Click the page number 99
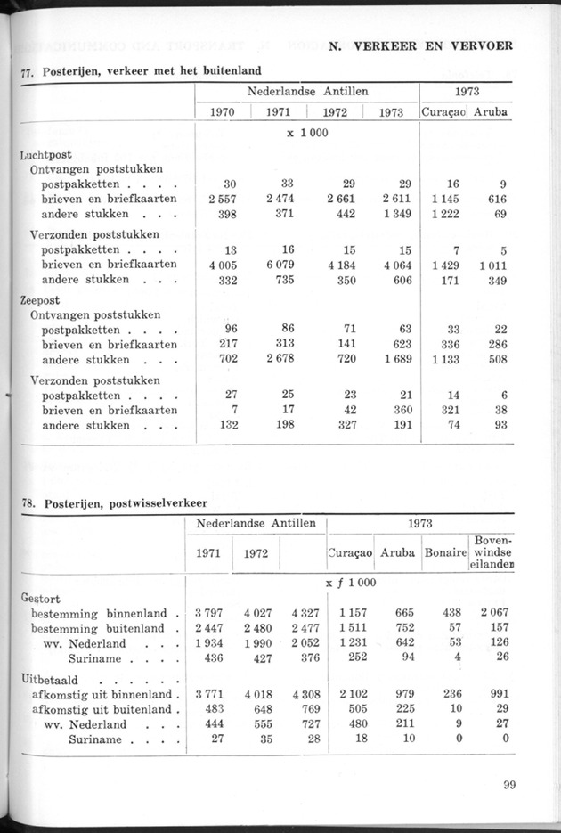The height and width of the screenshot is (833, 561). coord(508,785)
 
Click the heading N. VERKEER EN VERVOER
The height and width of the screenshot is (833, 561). coord(420,46)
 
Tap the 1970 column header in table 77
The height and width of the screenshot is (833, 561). coord(222,113)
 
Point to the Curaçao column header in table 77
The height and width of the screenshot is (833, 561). coord(443,113)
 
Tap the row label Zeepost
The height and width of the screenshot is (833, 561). coord(39,300)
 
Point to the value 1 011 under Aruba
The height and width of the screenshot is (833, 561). coord(489,264)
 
